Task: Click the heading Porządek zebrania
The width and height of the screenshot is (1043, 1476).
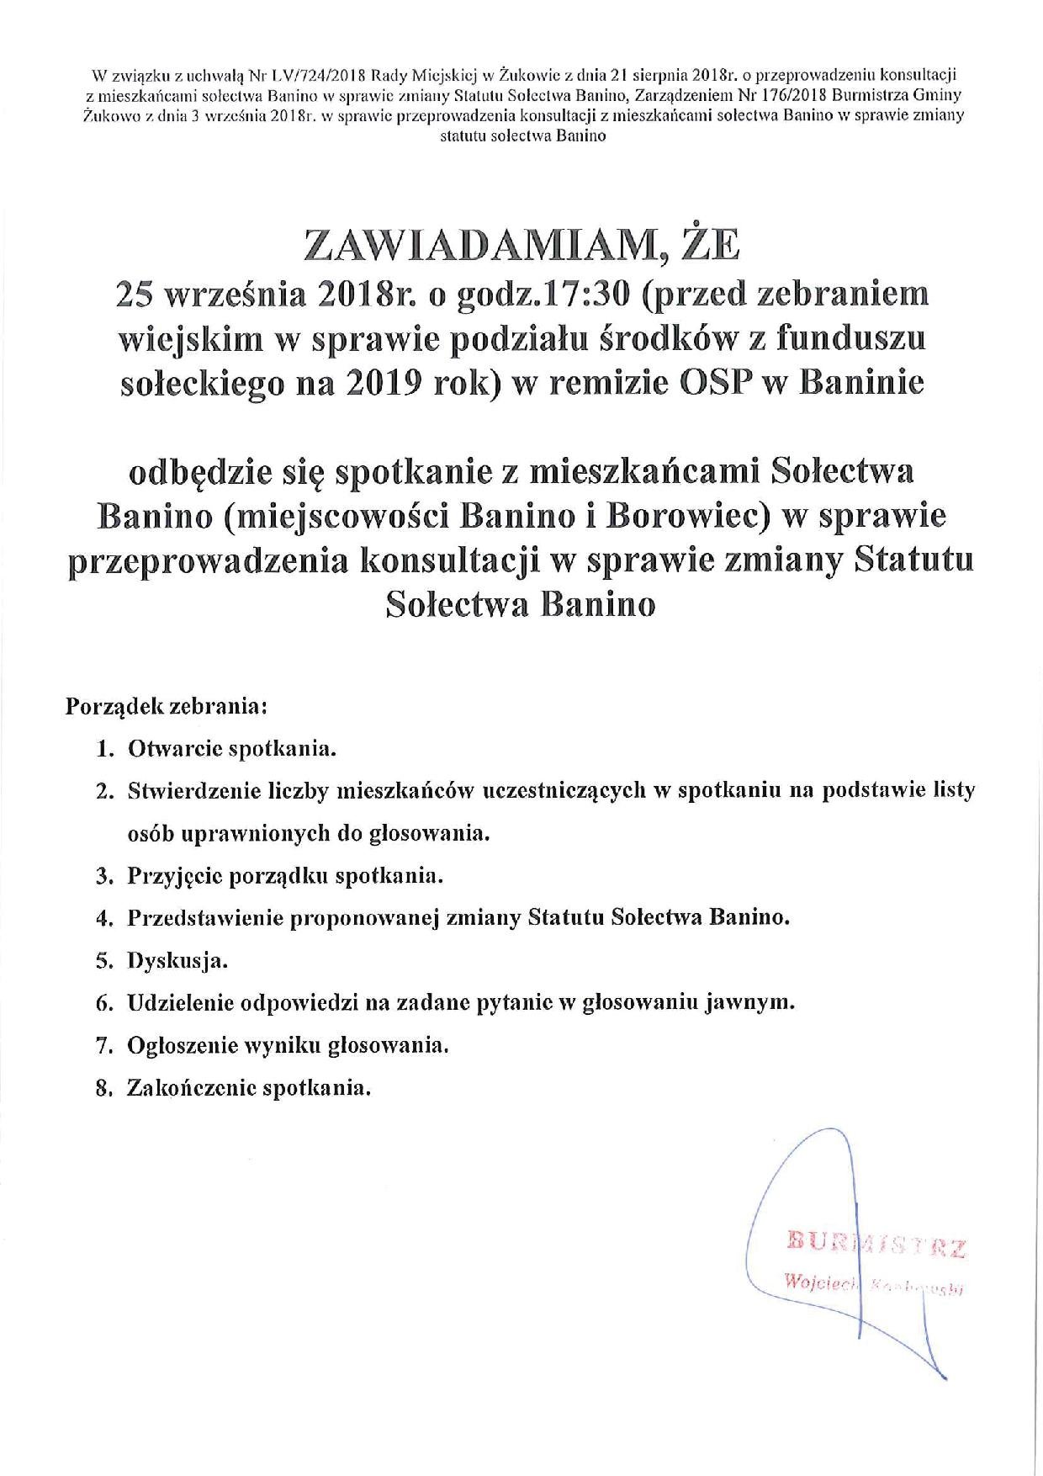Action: (167, 704)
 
